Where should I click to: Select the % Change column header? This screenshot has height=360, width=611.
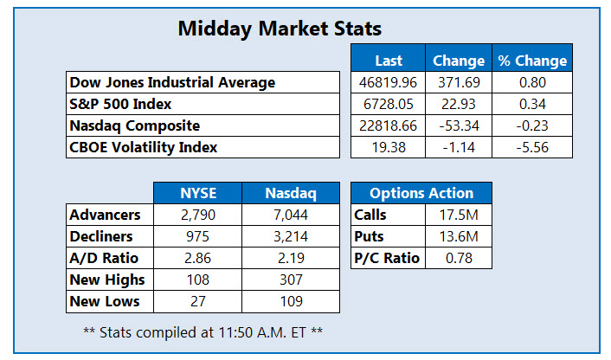tap(532, 61)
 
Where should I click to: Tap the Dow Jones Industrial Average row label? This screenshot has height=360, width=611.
tap(173, 83)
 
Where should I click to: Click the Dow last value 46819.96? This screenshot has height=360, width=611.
tap(389, 83)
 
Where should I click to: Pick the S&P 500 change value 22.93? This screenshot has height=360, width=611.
tap(459, 104)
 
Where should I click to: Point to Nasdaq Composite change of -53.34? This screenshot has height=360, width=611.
tap(459, 125)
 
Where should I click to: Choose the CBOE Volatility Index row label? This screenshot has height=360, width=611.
tap(144, 147)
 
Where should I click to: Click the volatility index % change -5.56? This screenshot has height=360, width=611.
tap(532, 147)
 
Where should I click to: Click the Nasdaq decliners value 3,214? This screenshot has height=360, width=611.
tap(290, 236)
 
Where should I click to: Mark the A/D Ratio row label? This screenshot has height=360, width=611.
tap(104, 258)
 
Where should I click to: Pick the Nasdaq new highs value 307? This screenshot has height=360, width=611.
tap(290, 280)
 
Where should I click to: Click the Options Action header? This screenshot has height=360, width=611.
tap(421, 193)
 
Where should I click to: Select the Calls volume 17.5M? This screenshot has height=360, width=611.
tap(458, 215)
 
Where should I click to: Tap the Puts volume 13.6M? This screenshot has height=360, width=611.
tap(458, 236)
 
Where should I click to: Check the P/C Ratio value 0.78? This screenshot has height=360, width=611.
tap(458, 258)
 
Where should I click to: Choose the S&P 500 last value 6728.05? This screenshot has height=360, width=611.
tap(389, 104)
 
